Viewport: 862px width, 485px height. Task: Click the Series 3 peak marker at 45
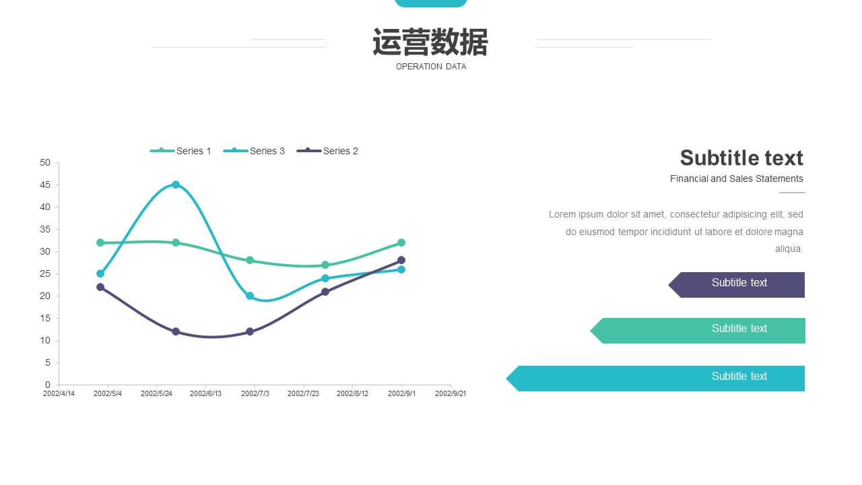[x=176, y=185]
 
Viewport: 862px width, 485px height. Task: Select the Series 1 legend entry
[x=180, y=151]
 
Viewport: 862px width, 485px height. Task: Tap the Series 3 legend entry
[x=254, y=151]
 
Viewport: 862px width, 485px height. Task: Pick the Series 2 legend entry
[x=327, y=151]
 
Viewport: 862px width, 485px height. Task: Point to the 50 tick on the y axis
[x=45, y=163]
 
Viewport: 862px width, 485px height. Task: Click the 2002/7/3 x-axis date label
[x=255, y=393]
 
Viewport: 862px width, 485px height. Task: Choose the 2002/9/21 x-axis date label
[x=451, y=393]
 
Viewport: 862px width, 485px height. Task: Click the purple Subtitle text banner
[x=737, y=285]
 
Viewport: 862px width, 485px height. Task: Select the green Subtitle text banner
[x=698, y=331]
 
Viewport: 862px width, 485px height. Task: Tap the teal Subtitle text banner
[x=655, y=379]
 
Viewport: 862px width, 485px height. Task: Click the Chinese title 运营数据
[x=430, y=42]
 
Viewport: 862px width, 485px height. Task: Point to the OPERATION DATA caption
[x=431, y=67]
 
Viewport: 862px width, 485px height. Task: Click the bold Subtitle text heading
[x=741, y=158]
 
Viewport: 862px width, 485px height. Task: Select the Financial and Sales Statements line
[x=737, y=179]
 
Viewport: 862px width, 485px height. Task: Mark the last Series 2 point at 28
[x=401, y=260]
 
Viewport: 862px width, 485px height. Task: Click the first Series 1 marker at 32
[x=100, y=243]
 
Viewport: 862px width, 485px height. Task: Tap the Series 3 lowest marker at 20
[x=250, y=296]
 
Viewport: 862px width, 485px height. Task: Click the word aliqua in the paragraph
[x=789, y=249]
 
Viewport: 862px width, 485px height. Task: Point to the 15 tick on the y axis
[x=45, y=319]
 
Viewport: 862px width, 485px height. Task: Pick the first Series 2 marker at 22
[x=100, y=287]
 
